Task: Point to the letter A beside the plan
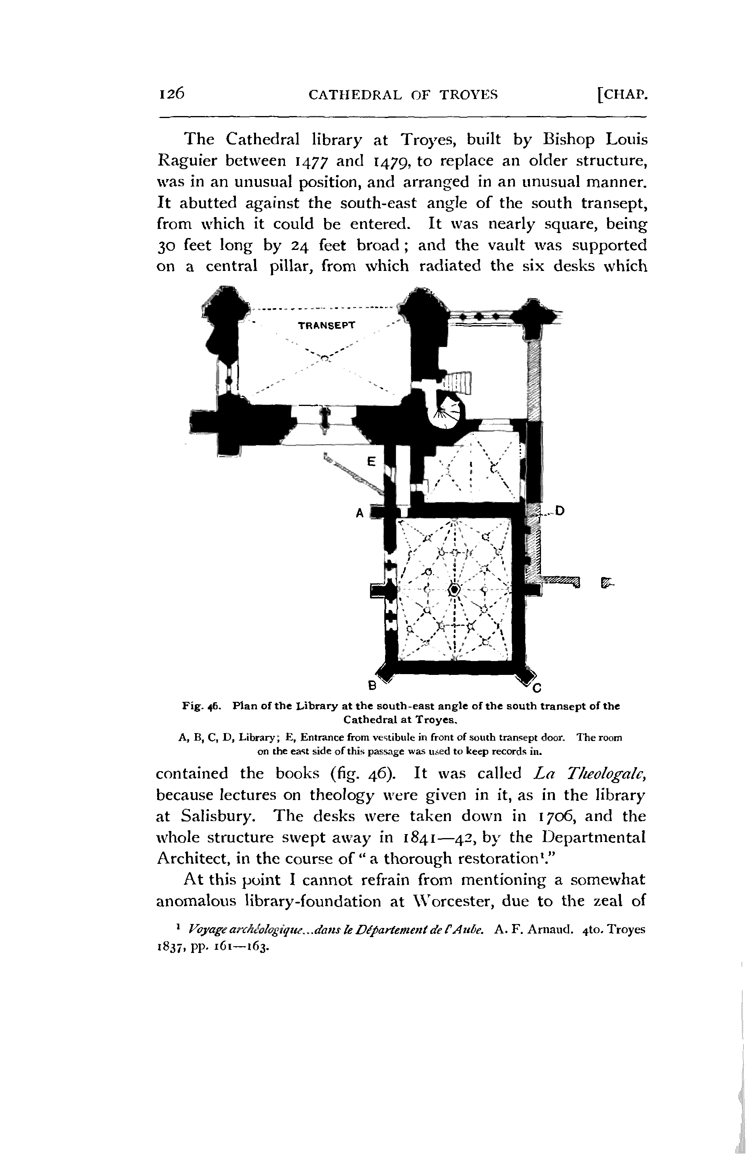[360, 513]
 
